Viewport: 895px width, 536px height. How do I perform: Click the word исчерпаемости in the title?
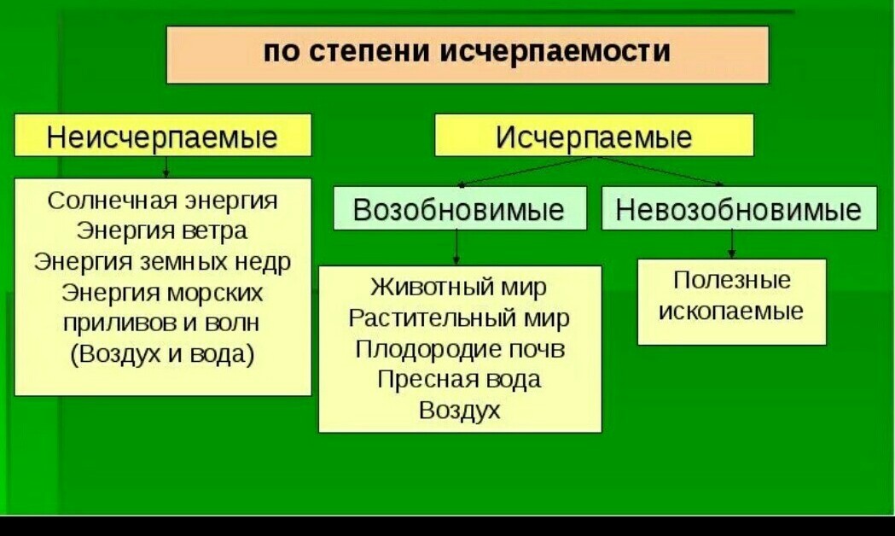pyautogui.click(x=555, y=52)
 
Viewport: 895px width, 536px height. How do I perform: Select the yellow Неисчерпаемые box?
pyautogui.click(x=162, y=135)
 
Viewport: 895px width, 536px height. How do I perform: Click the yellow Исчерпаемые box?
pyautogui.click(x=594, y=135)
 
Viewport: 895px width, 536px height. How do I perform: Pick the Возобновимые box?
pyautogui.click(x=459, y=210)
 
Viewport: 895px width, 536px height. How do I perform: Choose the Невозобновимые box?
pyautogui.click(x=739, y=210)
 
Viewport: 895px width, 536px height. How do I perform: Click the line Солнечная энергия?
pyautogui.click(x=163, y=201)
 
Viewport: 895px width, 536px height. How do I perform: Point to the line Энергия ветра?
pyautogui.click(x=162, y=230)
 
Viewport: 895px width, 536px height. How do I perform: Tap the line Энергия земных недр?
pyautogui.click(x=162, y=261)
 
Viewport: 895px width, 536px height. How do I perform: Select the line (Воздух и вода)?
pyautogui.click(x=162, y=353)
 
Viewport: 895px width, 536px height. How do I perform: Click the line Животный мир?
pyautogui.click(x=459, y=287)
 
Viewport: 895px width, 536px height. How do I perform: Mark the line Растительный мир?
pyautogui.click(x=459, y=318)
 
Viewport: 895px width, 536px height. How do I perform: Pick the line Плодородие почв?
pyautogui.click(x=460, y=348)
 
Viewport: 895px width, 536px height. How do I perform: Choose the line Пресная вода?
pyautogui.click(x=459, y=379)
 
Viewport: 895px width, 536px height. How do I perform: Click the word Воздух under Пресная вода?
pyautogui.click(x=459, y=410)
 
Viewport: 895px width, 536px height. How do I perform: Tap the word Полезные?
pyautogui.click(x=732, y=280)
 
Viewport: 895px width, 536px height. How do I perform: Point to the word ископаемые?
pyautogui.click(x=732, y=311)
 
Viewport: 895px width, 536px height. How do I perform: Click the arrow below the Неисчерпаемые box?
pyautogui.click(x=166, y=166)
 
